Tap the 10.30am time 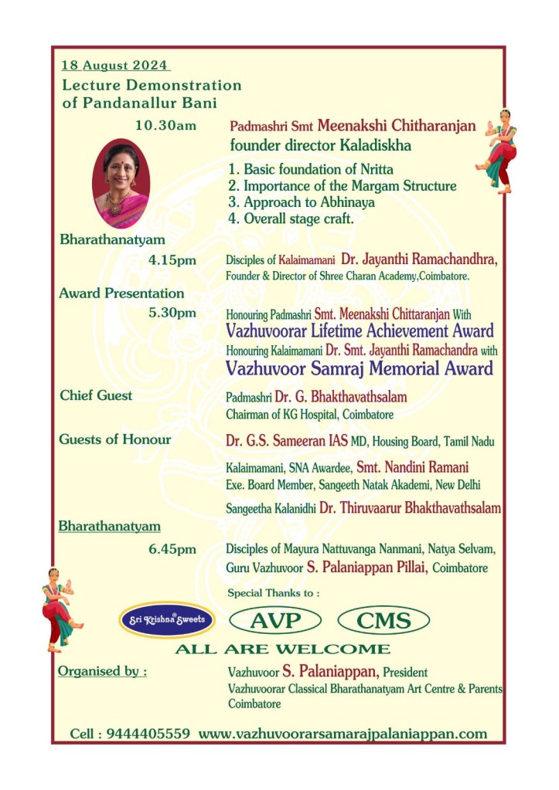(165, 126)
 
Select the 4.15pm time (172, 260)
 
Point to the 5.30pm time (172, 314)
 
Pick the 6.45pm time (172, 549)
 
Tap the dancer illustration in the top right (496, 151)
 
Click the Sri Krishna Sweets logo (166, 619)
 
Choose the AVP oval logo (274, 619)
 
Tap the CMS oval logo (383, 619)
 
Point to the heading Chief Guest (96, 395)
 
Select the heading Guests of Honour (115, 439)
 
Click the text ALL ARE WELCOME (282, 649)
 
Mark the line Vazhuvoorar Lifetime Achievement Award (360, 331)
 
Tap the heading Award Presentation (121, 293)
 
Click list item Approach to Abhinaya (302, 202)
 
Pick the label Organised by (102, 671)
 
